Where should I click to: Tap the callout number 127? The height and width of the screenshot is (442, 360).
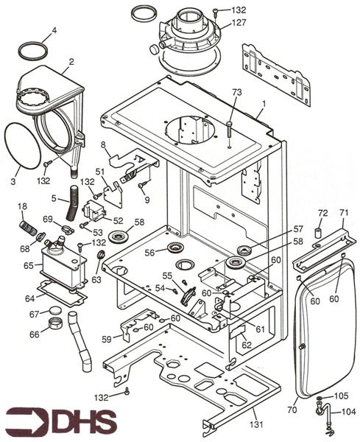coord(240,22)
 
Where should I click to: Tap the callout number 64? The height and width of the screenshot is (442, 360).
coord(30,298)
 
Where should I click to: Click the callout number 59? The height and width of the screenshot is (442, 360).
coord(107,340)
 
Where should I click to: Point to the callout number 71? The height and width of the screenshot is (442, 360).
coord(342,212)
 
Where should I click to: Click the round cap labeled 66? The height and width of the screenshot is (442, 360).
coord(53,324)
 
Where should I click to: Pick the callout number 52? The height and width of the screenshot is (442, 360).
coord(118,220)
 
